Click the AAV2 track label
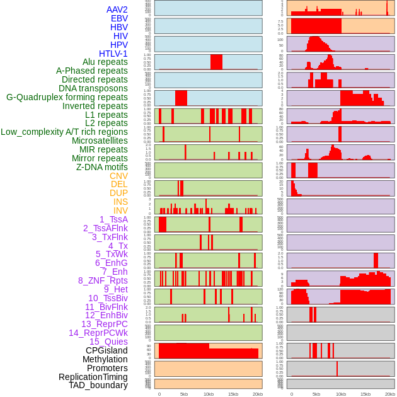click(117, 9)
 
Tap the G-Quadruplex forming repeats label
click(67, 97)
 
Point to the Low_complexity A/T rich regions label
click(64, 132)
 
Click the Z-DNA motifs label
click(101, 167)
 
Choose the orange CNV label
click(118, 176)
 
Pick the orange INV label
click(120, 210)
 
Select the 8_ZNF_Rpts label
click(103, 280)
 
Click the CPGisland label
click(106, 350)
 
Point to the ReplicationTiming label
click(93, 377)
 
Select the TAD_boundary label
click(98, 385)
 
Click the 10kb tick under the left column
click(208, 394)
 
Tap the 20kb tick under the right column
click(390, 394)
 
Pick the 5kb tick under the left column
click(183, 394)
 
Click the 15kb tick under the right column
click(365, 394)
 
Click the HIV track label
click(120, 36)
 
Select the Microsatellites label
click(100, 141)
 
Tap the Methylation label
click(100, 359)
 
